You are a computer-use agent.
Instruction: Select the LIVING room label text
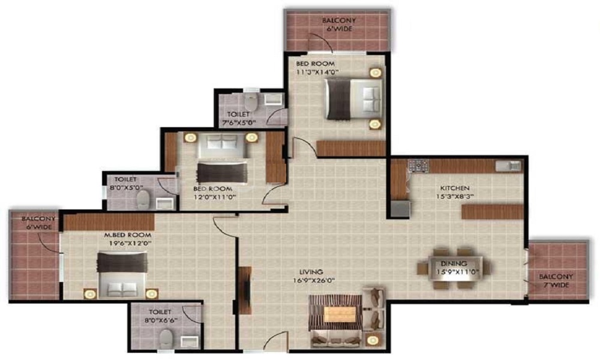(x=313, y=271)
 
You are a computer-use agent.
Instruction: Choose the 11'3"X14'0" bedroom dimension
(x=317, y=72)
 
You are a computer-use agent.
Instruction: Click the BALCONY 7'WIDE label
(x=556, y=281)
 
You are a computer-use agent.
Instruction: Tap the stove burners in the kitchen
(x=416, y=164)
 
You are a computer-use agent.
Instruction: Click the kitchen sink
(x=506, y=166)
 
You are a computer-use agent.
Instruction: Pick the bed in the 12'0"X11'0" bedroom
(x=221, y=159)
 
